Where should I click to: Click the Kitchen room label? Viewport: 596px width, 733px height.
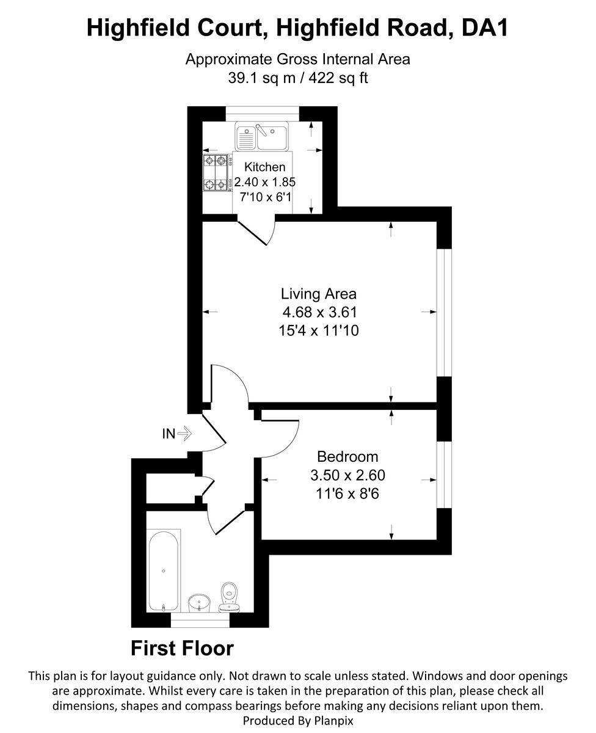(264, 167)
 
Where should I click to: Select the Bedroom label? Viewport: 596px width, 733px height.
(347, 456)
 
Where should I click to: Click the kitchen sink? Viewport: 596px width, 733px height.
(262, 136)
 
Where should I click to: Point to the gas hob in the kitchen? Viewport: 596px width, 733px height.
(217, 173)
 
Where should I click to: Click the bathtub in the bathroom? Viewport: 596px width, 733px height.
(163, 571)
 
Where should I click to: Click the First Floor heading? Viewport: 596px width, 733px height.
(182, 648)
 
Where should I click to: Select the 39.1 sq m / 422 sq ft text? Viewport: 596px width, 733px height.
(297, 78)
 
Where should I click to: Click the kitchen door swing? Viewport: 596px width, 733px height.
(260, 231)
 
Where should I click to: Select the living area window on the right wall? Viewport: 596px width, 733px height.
(443, 312)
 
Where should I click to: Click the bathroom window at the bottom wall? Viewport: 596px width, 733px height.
(200, 622)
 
